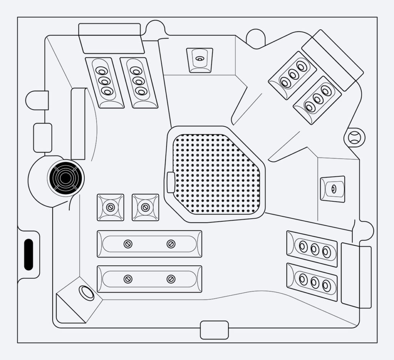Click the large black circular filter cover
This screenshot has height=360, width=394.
click(x=65, y=178)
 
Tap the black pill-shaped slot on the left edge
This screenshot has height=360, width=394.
click(x=28, y=255)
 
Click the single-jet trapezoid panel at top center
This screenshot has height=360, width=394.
click(x=199, y=59)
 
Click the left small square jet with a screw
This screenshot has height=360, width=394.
click(x=110, y=208)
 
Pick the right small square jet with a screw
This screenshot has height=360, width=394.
click(x=145, y=208)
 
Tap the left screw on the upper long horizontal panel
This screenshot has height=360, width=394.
click(x=128, y=244)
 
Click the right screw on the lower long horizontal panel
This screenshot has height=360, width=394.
click(x=171, y=279)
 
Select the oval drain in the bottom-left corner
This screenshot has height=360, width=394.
click(x=86, y=293)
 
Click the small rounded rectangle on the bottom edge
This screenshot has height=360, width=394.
click(x=214, y=330)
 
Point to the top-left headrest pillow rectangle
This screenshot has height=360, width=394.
click(x=111, y=38)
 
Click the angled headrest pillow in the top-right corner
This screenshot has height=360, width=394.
click(x=332, y=60)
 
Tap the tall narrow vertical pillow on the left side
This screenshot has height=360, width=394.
click(x=78, y=124)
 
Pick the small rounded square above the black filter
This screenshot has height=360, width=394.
click(x=43, y=137)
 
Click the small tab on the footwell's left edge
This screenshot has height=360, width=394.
click(x=170, y=182)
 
